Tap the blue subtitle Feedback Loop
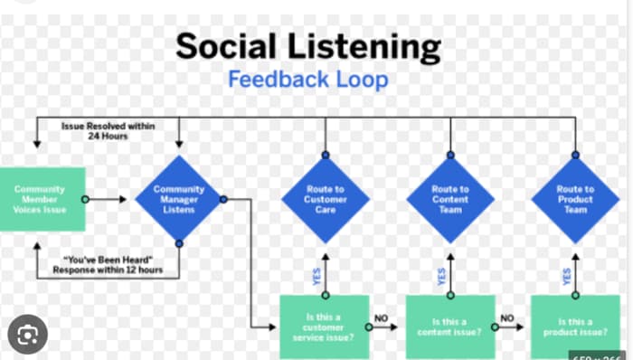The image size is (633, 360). click(x=308, y=79)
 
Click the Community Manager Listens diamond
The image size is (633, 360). click(x=178, y=199)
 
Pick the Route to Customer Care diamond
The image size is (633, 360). click(x=325, y=199)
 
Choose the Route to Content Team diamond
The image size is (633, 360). click(x=449, y=199)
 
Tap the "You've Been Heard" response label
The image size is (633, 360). click(x=107, y=264)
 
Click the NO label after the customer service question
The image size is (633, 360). click(x=382, y=317)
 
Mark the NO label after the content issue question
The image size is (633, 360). click(x=507, y=317)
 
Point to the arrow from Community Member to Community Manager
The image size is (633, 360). click(x=110, y=199)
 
